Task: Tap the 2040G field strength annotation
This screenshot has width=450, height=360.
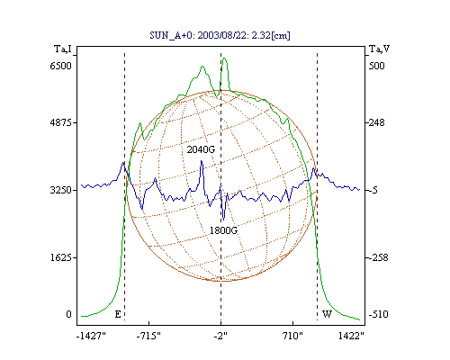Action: coord(201,149)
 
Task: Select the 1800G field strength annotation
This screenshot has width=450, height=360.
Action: coord(223,230)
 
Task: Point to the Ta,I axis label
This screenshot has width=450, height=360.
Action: coord(63,49)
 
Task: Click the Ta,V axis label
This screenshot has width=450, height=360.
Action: coord(379,49)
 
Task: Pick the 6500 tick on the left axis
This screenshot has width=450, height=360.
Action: coord(61,66)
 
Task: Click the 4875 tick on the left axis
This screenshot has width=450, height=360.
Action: coord(61,122)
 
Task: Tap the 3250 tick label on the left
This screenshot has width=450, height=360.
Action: coord(61,190)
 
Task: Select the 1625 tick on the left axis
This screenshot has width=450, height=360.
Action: coord(61,257)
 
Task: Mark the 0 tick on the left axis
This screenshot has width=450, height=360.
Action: coord(69,314)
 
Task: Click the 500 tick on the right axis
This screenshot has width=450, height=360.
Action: coord(376,66)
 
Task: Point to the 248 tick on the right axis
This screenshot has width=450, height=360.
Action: coord(376,122)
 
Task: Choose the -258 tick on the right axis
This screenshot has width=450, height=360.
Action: coord(378,257)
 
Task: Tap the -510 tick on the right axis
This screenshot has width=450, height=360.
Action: coord(378,314)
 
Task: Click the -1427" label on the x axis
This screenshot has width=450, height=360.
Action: coord(91,336)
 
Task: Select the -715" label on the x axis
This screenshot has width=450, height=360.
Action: coord(148,336)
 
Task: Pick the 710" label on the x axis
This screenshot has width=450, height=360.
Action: coord(292,336)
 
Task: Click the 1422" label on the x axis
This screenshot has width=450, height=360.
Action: coord(351,336)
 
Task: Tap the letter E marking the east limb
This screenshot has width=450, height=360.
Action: coord(118,314)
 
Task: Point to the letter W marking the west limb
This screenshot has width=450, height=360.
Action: coord(327,314)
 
